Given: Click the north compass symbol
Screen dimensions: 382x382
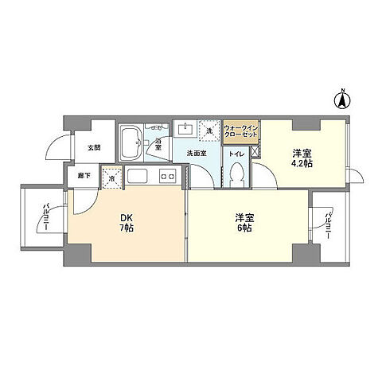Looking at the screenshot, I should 343,99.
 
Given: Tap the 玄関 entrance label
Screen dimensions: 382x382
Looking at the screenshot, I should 95,148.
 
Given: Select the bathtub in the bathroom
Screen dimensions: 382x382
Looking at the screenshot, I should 132,143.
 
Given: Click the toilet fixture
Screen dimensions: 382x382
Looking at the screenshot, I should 236,176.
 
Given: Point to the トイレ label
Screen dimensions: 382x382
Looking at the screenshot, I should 236,153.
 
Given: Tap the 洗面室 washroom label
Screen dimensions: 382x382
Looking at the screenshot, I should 197,153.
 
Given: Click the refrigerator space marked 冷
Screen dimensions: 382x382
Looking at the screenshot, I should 112,179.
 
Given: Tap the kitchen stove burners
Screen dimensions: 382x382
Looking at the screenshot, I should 168,176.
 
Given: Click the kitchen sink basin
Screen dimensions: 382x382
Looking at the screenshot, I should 138,176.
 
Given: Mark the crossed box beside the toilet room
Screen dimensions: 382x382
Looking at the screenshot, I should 254,152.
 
